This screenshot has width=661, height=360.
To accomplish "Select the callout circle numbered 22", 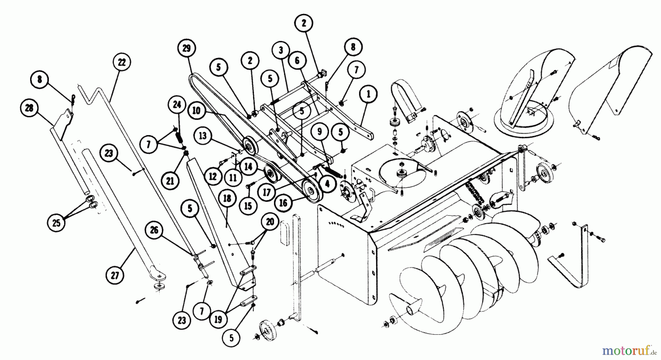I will [x=122, y=62].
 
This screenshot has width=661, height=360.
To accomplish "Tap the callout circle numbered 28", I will [x=29, y=108].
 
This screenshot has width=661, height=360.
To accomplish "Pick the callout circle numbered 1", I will [x=369, y=94].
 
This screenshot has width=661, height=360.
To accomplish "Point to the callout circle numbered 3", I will [x=281, y=51].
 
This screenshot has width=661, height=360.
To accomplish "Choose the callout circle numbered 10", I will [x=196, y=110].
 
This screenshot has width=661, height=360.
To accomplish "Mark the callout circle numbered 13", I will [x=203, y=136].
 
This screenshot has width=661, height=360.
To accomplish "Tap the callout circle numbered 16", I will [x=283, y=203].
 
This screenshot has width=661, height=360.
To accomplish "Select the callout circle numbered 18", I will [x=227, y=199].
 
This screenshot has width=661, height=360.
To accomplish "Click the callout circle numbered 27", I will [x=115, y=275].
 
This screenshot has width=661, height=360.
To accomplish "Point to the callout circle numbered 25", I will [x=56, y=223].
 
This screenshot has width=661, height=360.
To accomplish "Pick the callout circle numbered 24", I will [x=177, y=105].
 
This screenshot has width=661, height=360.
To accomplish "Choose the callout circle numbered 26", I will [x=154, y=230].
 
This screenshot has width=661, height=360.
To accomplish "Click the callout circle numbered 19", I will [x=218, y=319].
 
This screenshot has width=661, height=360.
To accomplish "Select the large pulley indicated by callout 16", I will [x=311, y=191].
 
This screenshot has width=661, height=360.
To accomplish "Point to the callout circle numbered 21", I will [x=172, y=181].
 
